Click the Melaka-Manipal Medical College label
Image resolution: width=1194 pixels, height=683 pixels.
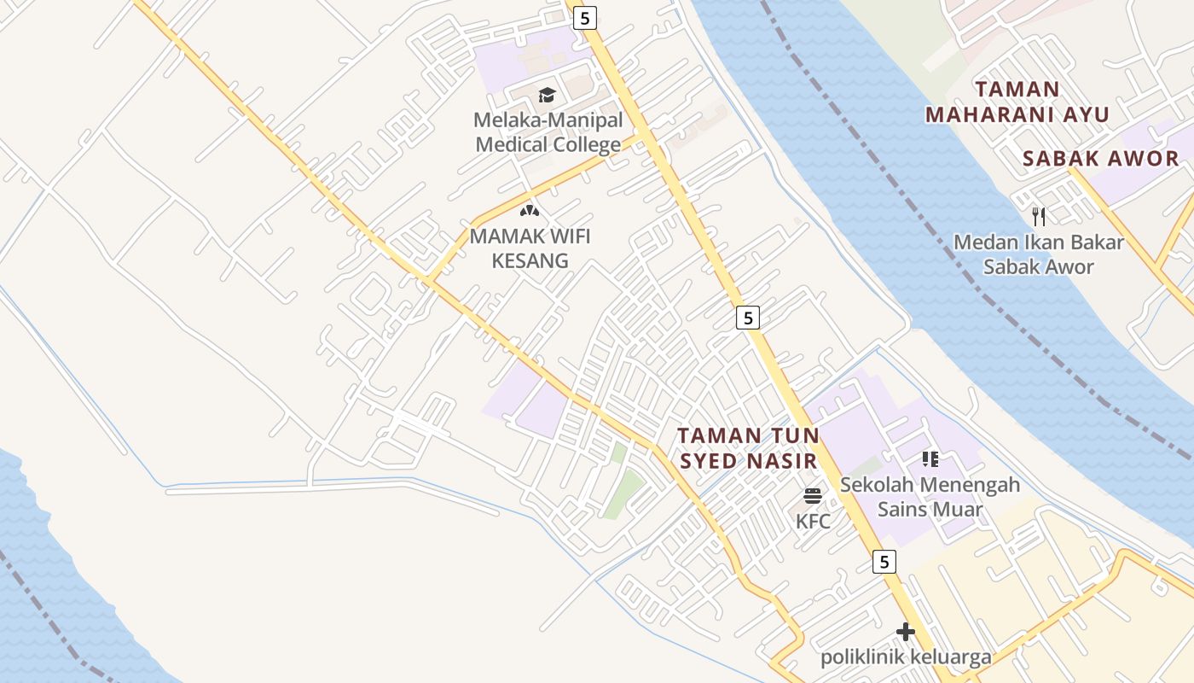548,132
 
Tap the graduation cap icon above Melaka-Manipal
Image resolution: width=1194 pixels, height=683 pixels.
547,95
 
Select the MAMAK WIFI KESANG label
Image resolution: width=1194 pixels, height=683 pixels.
530,248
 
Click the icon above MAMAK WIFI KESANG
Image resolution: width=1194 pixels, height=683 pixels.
530,210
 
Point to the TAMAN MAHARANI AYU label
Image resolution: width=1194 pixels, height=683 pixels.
1017,102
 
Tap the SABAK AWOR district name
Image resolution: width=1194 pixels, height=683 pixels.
1100,158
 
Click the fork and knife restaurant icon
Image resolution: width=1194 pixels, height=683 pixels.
1038,216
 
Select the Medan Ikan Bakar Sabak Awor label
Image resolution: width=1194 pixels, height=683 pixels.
1038,254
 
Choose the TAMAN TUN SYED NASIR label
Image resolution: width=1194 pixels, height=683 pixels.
748,448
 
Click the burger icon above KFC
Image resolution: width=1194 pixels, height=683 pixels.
812,496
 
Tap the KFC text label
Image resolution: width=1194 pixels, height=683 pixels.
813,521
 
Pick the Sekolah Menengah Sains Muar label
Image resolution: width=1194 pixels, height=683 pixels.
930,498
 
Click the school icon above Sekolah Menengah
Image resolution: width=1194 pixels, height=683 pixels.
930,459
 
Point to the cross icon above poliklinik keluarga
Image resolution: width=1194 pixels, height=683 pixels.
905,632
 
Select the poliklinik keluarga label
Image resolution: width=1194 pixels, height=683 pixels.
906,657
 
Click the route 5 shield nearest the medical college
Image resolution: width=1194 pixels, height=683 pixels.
584,17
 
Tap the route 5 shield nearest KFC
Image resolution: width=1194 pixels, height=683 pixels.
884,562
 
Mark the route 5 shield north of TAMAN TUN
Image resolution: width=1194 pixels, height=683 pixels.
747,318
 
